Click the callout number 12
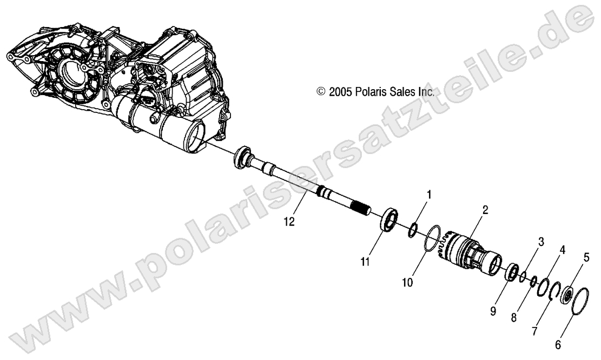290,221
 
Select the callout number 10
407,282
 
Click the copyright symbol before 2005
321,92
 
